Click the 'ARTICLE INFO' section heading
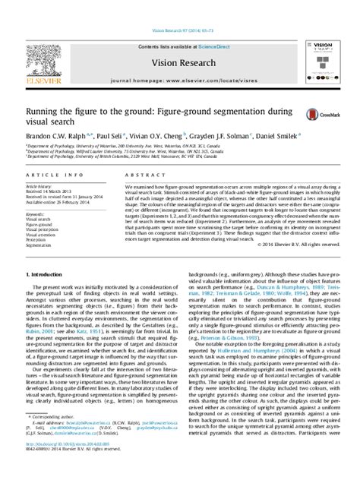click(x=46, y=175)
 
